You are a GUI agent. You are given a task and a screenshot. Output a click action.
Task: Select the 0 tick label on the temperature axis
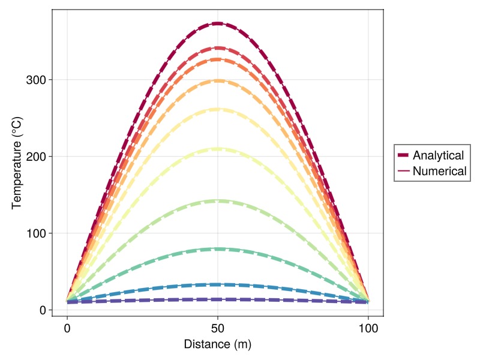43,310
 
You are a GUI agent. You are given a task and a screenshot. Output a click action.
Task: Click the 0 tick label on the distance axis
67,328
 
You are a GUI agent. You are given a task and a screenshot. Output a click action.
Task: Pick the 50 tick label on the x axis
218,328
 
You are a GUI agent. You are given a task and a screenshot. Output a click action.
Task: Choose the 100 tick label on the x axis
368,328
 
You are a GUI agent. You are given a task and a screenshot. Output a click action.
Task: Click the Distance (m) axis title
218,344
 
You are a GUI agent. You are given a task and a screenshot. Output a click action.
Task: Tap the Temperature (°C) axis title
17,163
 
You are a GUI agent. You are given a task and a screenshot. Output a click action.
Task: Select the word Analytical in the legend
438,155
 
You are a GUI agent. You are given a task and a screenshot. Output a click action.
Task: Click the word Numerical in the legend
440,171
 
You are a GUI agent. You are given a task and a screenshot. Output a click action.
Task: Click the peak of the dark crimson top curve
218,23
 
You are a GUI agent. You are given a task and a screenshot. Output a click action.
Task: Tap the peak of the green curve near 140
218,201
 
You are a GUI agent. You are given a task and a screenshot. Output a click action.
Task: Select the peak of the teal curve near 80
218,248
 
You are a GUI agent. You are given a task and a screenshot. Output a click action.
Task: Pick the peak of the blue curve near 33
218,284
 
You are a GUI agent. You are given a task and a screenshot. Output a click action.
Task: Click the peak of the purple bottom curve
218,299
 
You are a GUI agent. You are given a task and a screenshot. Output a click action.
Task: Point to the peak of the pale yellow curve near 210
218,149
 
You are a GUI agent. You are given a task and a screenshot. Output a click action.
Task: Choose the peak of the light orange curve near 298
218,80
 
